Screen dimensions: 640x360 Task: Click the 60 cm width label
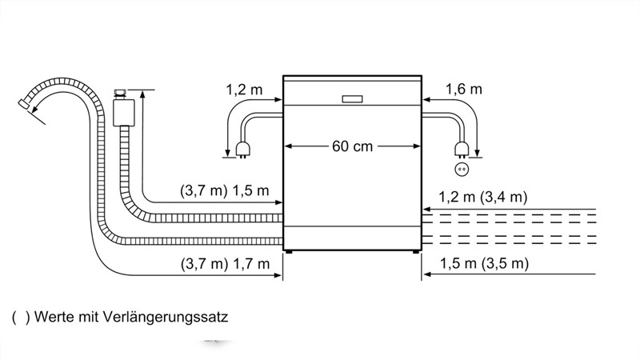click(352, 146)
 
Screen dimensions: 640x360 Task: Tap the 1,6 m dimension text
click(464, 89)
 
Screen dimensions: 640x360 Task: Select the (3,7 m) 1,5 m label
click(225, 190)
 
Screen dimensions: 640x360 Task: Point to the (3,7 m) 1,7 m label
click(225, 264)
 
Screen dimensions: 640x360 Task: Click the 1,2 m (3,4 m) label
click(483, 197)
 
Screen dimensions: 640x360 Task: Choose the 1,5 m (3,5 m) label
click(484, 263)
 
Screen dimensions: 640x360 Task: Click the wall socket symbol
click(462, 169)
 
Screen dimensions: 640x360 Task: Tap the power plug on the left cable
click(242, 150)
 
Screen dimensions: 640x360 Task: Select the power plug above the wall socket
click(462, 150)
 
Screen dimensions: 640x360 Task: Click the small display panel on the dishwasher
click(352, 99)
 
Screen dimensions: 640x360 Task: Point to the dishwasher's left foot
click(289, 252)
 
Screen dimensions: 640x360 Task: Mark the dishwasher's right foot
click(415, 252)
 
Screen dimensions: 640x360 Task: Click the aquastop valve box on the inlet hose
click(124, 112)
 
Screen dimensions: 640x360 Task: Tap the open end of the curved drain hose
click(24, 104)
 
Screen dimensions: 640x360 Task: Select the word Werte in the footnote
click(54, 317)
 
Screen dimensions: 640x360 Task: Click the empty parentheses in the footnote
click(21, 317)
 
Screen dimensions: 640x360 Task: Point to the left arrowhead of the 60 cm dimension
click(288, 146)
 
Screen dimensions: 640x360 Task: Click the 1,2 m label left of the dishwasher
click(245, 90)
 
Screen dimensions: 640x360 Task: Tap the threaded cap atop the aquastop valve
click(120, 94)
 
